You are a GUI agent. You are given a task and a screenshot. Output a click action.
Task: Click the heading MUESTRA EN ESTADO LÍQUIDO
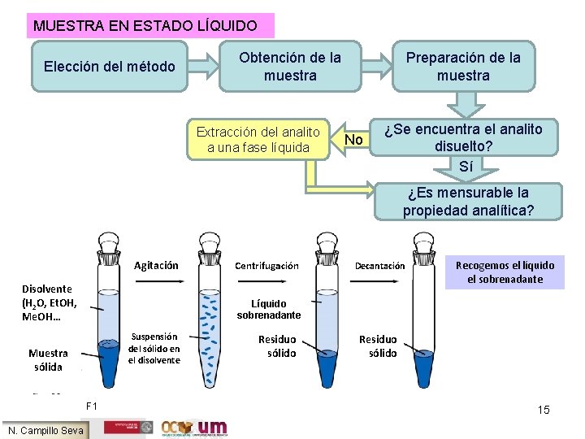point(145,26)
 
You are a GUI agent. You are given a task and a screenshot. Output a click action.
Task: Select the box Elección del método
point(109,66)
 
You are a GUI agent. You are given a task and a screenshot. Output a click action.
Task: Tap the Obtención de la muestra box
point(290,67)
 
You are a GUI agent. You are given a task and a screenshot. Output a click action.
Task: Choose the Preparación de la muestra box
point(463,67)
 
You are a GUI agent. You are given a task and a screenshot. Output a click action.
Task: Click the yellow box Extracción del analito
point(258,139)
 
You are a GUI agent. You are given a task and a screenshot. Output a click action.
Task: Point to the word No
point(353,140)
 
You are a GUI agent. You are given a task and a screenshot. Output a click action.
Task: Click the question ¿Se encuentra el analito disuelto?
point(464,137)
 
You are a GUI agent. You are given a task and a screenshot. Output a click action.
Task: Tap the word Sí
point(466,167)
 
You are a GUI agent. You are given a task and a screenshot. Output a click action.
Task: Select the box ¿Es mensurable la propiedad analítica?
point(468,202)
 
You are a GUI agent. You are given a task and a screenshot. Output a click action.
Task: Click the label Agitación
point(155,265)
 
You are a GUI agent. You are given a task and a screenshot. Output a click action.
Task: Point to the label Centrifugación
point(266,266)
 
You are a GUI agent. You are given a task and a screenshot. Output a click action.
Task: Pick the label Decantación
point(380,266)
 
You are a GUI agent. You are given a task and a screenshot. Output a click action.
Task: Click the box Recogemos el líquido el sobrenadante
point(505,272)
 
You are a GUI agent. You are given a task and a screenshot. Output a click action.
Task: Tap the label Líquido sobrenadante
point(276,309)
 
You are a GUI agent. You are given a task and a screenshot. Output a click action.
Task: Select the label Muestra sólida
point(48,359)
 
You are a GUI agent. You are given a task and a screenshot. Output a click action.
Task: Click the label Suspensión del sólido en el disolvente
point(154,348)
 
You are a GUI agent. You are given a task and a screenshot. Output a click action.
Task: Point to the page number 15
point(544,410)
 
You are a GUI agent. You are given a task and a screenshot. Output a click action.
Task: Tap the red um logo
point(213,428)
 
